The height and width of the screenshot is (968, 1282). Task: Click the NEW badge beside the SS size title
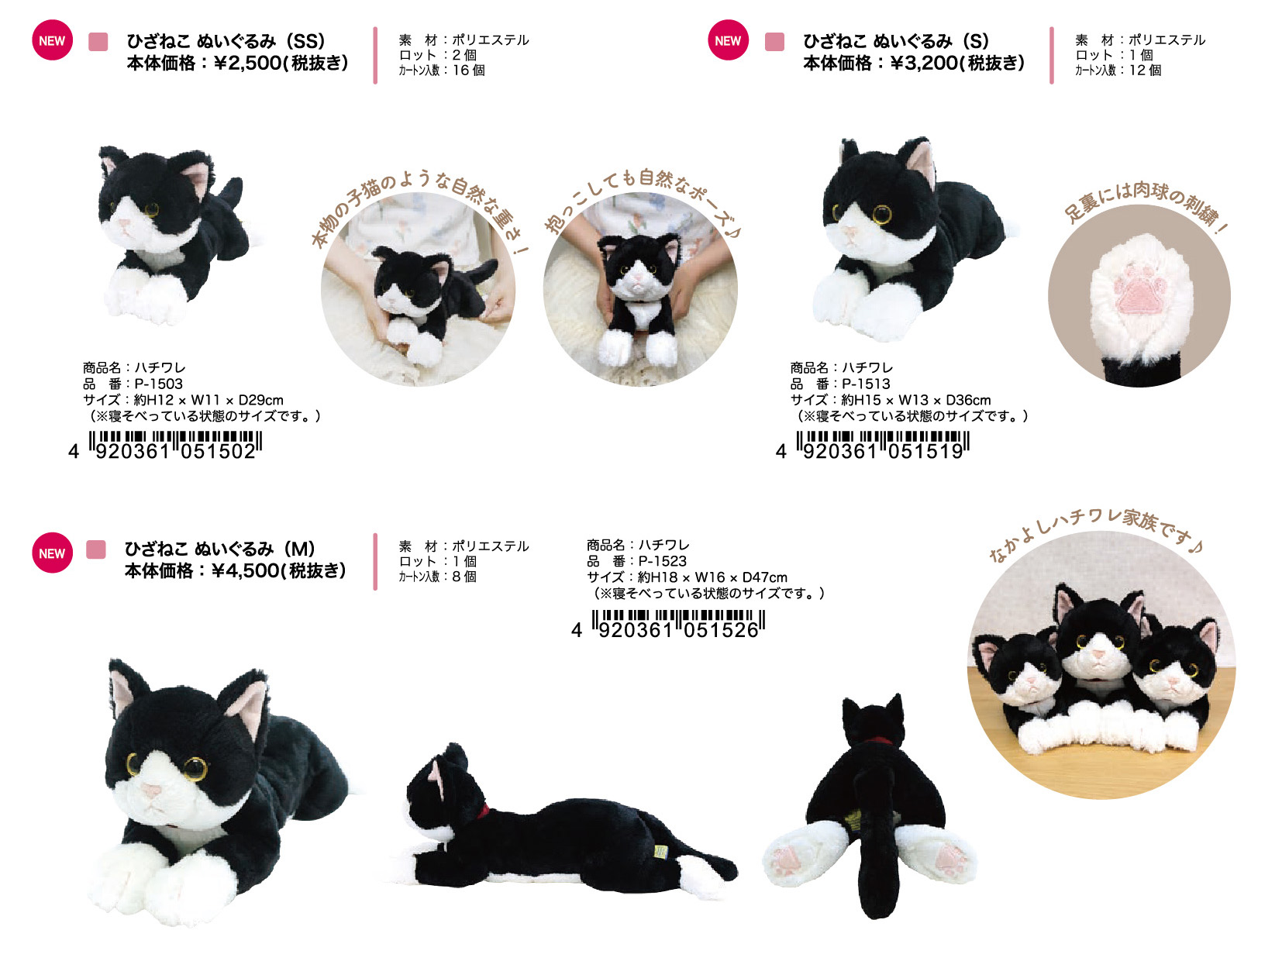pyautogui.click(x=52, y=40)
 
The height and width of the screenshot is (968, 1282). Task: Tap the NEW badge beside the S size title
pyautogui.click(x=728, y=40)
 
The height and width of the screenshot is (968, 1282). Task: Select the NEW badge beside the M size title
pyautogui.click(x=52, y=553)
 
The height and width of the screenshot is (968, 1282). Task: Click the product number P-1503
pyautogui.click(x=158, y=384)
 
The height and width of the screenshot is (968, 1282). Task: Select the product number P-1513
pyautogui.click(x=866, y=384)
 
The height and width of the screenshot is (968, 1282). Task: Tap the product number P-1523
pyautogui.click(x=663, y=561)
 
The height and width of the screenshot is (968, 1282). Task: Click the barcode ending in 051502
pyautogui.click(x=165, y=446)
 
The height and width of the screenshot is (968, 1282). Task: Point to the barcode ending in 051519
pyautogui.click(x=873, y=446)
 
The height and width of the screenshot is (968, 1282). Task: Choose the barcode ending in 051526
pyautogui.click(x=668, y=624)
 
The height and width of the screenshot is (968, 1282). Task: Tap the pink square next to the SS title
pyautogui.click(x=98, y=41)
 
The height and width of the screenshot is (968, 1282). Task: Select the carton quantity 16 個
pyautogui.click(x=468, y=70)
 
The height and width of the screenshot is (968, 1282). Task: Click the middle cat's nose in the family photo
pyautogui.click(x=1099, y=653)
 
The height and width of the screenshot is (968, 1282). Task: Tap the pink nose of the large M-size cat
pyautogui.click(x=152, y=791)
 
